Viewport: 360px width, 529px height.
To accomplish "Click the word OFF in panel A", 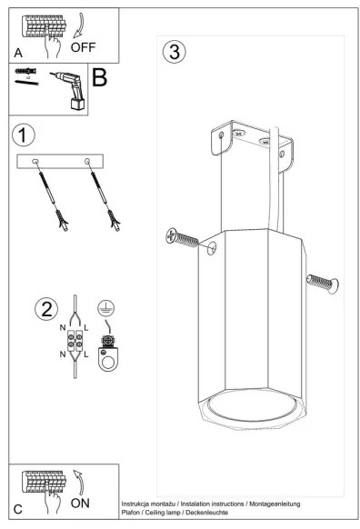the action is tap(83, 47).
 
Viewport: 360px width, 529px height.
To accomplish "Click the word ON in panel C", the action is tap(80, 503).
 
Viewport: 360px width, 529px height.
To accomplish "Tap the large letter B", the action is tap(99, 77).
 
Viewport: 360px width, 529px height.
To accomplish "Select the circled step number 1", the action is tap(24, 135).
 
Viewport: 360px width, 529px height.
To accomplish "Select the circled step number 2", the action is tap(46, 309).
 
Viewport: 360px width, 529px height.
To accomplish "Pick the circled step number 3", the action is tap(175, 52).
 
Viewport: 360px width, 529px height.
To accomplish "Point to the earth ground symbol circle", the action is tap(106, 308).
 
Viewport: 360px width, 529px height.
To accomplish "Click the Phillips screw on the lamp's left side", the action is tap(182, 237).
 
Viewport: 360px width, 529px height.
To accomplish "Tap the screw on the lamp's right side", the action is tap(323, 284).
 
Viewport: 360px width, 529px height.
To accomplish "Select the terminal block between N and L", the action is tap(75, 341).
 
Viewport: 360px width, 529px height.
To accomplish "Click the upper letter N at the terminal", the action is tap(63, 327).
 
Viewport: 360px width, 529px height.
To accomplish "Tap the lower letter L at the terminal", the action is tap(86, 354).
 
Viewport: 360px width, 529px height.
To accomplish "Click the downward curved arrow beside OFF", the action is tap(80, 25).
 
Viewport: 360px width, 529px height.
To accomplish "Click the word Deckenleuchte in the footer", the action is tap(207, 513).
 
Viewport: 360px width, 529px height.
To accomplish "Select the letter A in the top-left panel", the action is tap(18, 53).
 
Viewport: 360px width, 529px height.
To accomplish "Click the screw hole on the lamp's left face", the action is tap(212, 248).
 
